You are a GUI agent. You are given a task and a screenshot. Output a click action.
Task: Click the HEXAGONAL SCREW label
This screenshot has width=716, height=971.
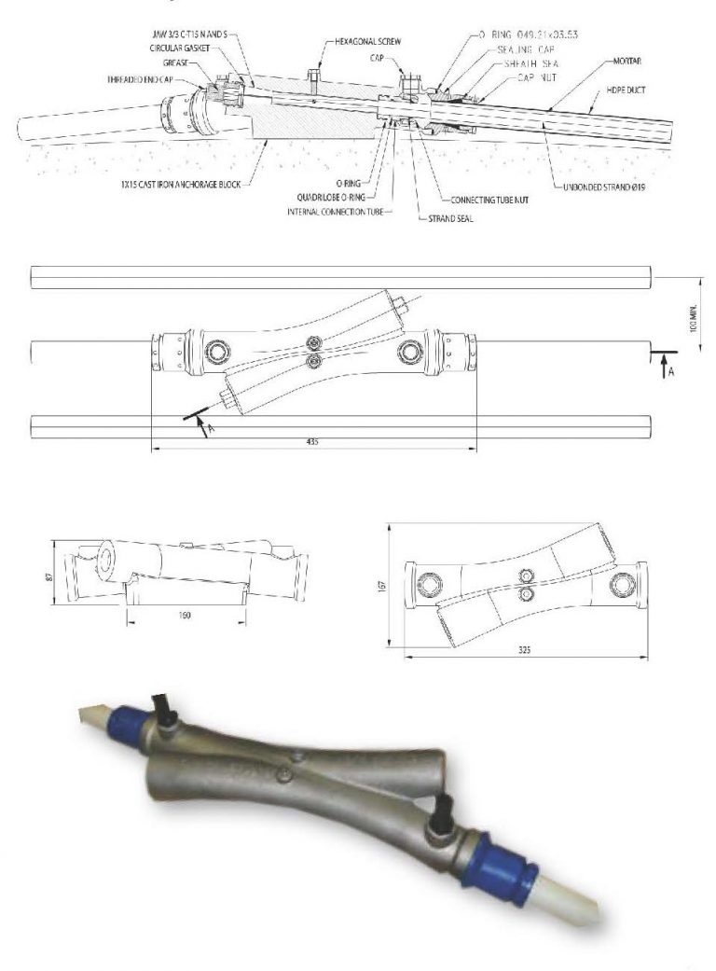(x=370, y=43)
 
